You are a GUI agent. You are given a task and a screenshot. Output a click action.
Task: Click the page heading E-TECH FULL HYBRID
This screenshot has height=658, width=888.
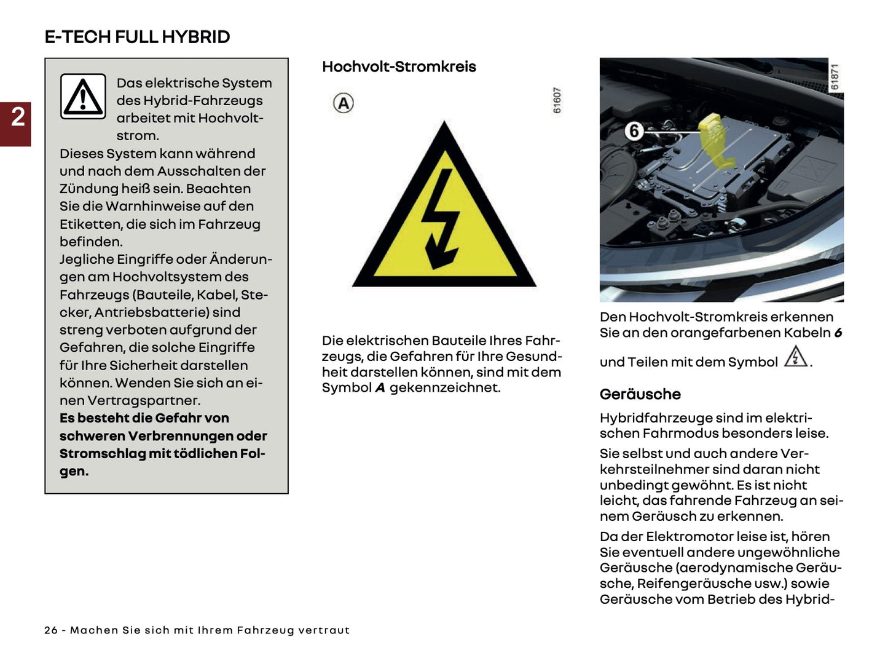click(x=137, y=37)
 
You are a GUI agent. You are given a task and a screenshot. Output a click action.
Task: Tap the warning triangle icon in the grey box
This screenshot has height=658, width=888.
click(x=83, y=97)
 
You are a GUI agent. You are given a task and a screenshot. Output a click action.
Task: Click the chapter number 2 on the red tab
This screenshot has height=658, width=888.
click(x=18, y=117)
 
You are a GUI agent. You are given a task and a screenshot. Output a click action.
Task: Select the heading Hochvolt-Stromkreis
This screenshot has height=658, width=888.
click(x=399, y=67)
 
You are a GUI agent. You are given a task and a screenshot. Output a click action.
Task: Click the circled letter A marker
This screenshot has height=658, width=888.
click(x=344, y=103)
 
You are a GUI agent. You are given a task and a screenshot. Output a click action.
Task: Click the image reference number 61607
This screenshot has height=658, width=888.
click(x=557, y=100)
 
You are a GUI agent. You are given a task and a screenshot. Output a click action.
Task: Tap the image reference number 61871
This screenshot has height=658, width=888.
click(x=835, y=77)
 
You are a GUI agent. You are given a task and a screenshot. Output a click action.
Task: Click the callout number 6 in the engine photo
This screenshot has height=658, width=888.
click(x=634, y=131)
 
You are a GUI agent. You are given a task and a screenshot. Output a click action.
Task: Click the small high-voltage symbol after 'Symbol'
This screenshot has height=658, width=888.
click(x=796, y=357)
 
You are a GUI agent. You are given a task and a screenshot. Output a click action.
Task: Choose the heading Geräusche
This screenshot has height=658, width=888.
click(x=640, y=394)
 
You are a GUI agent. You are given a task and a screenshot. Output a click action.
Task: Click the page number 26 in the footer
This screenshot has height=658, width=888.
click(x=51, y=630)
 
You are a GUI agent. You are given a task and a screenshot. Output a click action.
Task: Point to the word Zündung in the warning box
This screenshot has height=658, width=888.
click(x=86, y=189)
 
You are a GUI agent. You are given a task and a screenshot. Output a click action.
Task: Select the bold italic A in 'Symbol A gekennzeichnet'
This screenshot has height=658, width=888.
click(x=380, y=388)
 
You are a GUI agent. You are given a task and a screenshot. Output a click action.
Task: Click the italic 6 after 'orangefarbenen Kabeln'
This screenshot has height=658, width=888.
click(x=838, y=333)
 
